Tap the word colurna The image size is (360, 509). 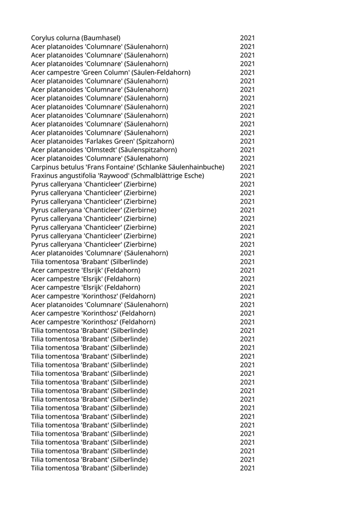[70, 38]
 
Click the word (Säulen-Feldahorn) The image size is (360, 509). [159, 72]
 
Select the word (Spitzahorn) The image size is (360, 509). [153, 141]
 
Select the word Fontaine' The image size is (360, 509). [122, 167]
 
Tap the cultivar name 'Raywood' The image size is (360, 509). [120, 176]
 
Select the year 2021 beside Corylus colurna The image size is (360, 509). [247, 38]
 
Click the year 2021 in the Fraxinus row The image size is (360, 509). [247, 176]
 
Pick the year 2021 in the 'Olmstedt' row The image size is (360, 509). [247, 150]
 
